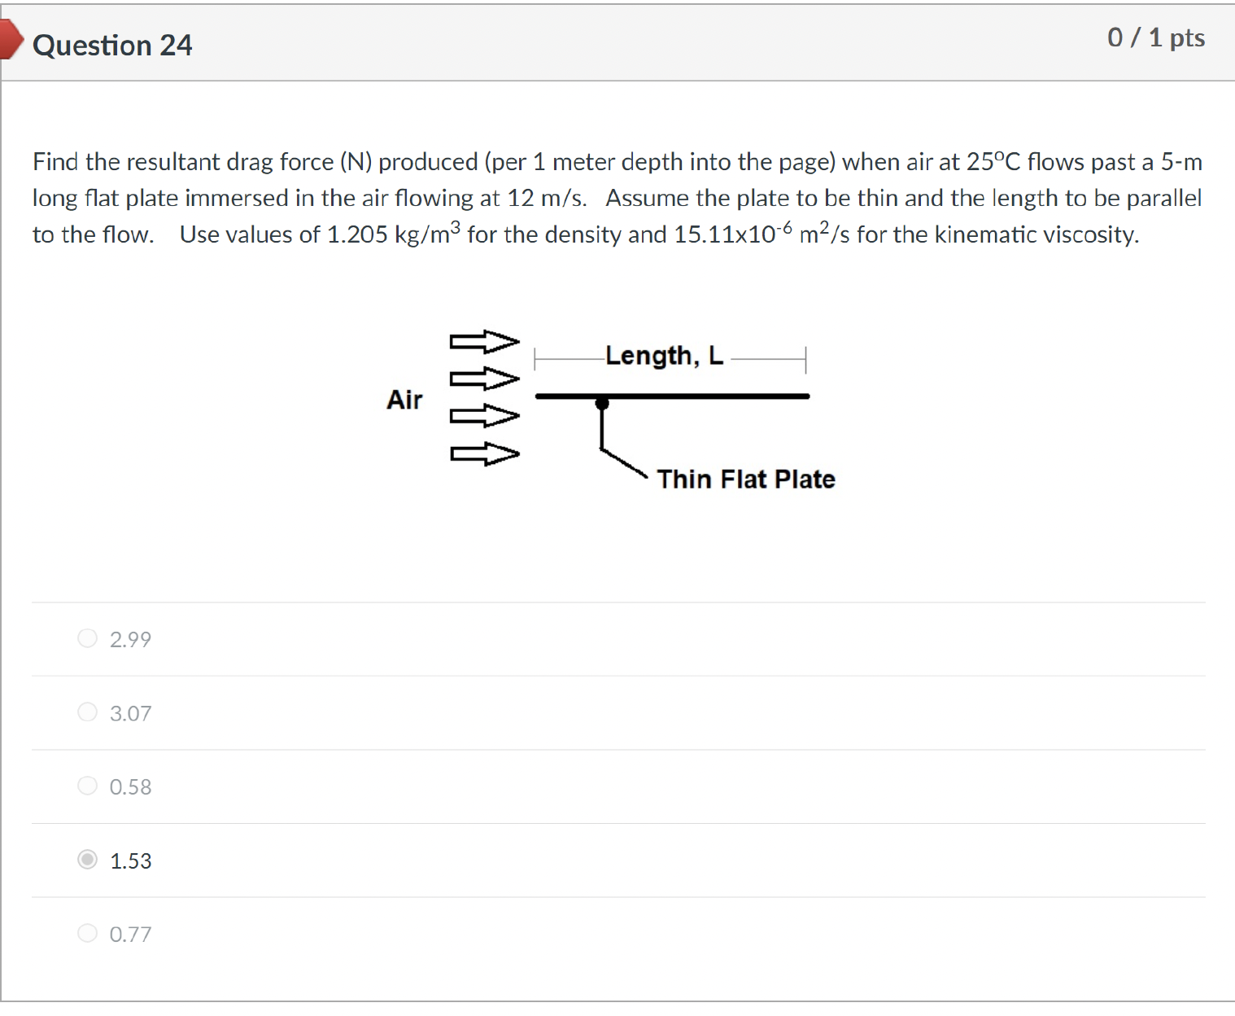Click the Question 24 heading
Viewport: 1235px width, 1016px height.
click(x=112, y=46)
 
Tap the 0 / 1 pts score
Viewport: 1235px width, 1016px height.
click(x=1155, y=38)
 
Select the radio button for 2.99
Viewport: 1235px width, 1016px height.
click(x=87, y=638)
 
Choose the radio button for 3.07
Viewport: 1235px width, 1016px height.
click(x=87, y=712)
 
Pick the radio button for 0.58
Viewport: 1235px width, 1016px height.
click(x=87, y=786)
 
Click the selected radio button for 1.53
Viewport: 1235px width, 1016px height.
click(x=87, y=860)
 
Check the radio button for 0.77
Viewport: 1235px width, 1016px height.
click(x=87, y=933)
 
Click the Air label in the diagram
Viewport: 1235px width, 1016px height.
click(x=404, y=400)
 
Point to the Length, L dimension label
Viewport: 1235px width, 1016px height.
click(x=664, y=356)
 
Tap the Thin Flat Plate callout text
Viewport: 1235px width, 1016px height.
click(x=745, y=480)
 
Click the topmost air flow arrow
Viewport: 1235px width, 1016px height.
click(x=485, y=341)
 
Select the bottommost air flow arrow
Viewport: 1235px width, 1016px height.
click(x=485, y=453)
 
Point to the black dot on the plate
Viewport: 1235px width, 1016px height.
click(x=602, y=403)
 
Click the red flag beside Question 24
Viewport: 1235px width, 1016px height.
click(x=10, y=40)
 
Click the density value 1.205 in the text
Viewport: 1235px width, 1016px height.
click(x=356, y=235)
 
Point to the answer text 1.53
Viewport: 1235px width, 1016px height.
click(x=130, y=861)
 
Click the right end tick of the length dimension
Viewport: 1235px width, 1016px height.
click(x=805, y=358)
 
